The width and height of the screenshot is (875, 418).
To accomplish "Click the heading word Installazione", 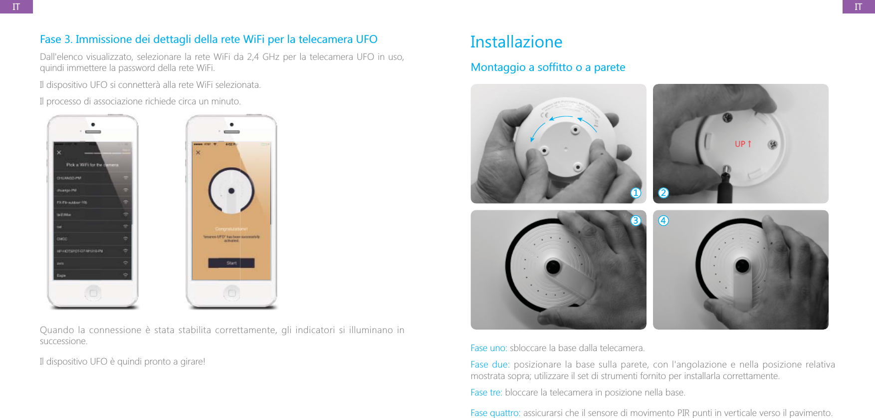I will [516, 42].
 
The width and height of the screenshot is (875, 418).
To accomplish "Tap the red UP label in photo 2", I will [742, 144].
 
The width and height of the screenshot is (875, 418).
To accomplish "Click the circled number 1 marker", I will [636, 193].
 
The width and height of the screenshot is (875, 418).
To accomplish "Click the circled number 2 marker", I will [663, 193].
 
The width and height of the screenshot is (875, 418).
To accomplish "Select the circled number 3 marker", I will [636, 220].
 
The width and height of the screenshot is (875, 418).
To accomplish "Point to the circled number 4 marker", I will [663, 220].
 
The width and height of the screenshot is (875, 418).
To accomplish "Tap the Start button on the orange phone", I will [231, 263].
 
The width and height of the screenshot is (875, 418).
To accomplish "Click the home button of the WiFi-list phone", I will [93, 293].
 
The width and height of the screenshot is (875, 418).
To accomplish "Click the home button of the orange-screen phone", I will [231, 293].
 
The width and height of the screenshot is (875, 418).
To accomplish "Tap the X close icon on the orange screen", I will [198, 152].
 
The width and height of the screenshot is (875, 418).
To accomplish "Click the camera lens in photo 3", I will [553, 266].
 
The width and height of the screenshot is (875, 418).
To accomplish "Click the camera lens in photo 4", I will [742, 265].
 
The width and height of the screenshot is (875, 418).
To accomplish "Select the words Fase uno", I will [488, 348].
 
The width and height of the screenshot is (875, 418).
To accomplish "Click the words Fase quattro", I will [495, 413].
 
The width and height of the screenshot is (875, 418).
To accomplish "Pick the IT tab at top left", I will [16, 6].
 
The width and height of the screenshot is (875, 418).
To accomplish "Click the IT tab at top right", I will [858, 6].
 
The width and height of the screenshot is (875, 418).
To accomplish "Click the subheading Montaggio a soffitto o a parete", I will [548, 67].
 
